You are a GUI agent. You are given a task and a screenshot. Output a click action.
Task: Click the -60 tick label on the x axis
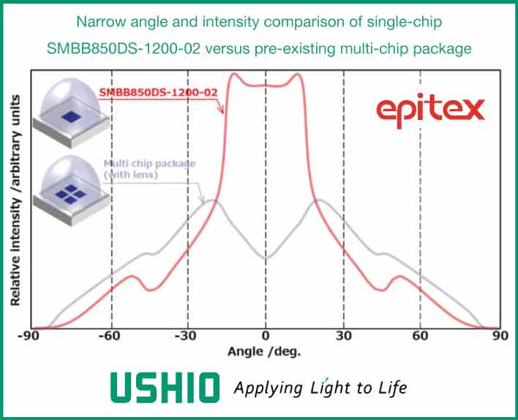(110, 336)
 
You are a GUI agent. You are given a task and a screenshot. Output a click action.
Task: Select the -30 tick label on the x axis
(186, 336)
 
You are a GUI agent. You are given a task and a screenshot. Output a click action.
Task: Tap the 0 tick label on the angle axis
(266, 336)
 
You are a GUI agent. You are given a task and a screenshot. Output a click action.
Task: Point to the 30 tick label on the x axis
(344, 336)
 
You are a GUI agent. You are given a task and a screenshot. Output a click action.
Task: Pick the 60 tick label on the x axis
(420, 336)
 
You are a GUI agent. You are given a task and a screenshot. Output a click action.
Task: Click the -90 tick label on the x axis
(28, 336)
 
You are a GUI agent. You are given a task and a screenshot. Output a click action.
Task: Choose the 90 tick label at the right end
(500, 336)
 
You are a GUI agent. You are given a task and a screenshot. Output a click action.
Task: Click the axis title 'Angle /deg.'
(264, 352)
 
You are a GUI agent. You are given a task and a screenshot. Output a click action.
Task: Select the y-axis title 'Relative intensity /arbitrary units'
(15, 200)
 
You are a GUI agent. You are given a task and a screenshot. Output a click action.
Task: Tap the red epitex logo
(430, 110)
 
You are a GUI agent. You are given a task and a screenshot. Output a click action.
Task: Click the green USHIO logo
(165, 388)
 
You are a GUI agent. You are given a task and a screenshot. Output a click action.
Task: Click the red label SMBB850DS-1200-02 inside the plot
(158, 92)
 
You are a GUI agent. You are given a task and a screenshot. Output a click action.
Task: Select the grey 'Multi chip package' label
(150, 164)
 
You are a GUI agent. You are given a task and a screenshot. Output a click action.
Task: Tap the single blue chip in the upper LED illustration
(71, 116)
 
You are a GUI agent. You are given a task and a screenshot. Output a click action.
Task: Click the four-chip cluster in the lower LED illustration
(70, 194)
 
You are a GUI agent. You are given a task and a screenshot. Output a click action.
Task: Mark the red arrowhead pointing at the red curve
(221, 110)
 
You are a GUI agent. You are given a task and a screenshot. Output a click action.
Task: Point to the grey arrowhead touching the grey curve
(202, 198)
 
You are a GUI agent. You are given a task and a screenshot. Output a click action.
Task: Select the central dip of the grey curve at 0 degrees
(266, 258)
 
